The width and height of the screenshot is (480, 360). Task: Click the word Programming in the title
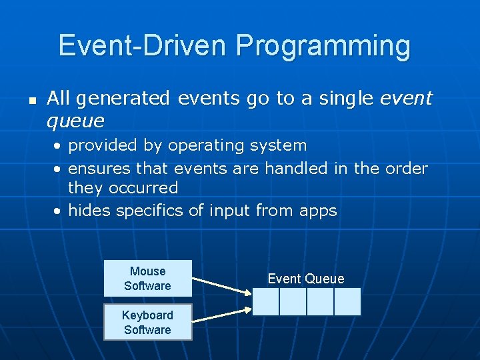(323, 47)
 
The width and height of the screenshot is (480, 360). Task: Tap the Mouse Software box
(147, 279)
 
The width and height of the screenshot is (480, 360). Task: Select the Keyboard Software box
(147, 323)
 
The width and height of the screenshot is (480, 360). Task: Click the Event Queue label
(306, 279)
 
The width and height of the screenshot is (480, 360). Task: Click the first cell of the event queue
(265, 301)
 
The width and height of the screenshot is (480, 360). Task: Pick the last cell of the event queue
(347, 301)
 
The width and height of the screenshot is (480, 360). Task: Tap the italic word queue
(75, 121)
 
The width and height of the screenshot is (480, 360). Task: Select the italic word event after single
(406, 99)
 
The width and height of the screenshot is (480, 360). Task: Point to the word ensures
(99, 168)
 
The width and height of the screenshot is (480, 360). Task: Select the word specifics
(151, 211)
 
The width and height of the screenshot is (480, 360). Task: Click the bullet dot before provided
(59, 146)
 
